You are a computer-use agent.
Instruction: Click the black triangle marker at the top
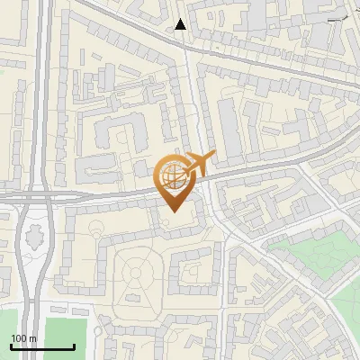coord(181,23)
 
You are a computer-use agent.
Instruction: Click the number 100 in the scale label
coord(19,338)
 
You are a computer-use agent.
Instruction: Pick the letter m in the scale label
coord(32,338)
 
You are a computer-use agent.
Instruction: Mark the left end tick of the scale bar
coord(11,346)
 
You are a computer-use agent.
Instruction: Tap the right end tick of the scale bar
coord(75,346)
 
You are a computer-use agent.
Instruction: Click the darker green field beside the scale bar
coord(67,335)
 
